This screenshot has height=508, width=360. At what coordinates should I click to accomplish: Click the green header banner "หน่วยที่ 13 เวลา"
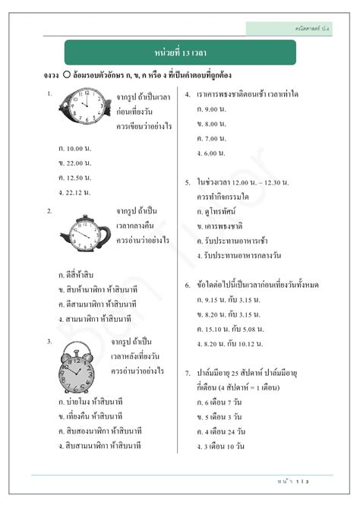180,52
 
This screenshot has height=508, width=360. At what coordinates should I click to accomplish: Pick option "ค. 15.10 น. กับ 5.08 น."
232,329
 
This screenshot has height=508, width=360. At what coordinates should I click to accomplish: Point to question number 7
188,374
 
